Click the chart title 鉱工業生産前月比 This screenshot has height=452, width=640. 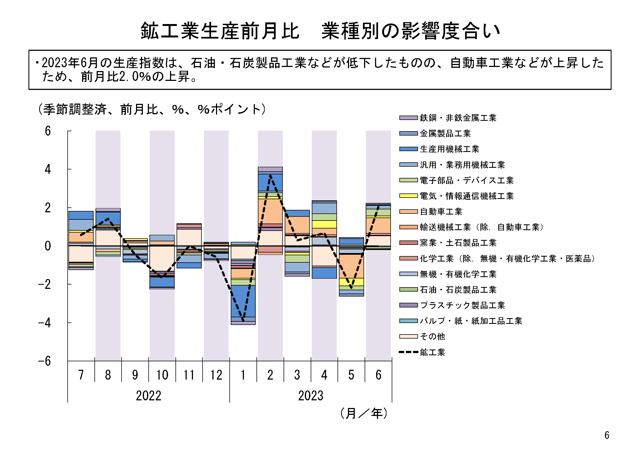pyautogui.click(x=220, y=31)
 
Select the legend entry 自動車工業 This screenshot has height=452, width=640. pyautogui.click(x=441, y=212)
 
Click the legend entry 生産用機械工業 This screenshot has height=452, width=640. pyautogui.click(x=449, y=149)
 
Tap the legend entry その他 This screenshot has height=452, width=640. pyautogui.click(x=432, y=337)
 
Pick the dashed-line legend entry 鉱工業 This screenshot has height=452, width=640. pyautogui.click(x=432, y=353)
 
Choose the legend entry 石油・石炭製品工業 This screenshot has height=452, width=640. pyautogui.click(x=458, y=290)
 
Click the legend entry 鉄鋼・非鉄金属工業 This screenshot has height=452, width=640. pyautogui.click(x=458, y=118)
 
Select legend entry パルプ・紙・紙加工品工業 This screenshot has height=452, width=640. pyautogui.click(x=471, y=321)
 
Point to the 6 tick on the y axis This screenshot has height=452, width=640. pyautogui.click(x=48, y=131)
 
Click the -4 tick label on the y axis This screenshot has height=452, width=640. pyautogui.click(x=45, y=323)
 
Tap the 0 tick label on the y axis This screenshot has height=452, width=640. pyautogui.click(x=48, y=246)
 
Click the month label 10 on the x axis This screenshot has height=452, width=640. pyautogui.click(x=162, y=375)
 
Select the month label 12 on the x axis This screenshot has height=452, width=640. pyautogui.click(x=216, y=375)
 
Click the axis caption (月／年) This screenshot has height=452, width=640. pyautogui.click(x=364, y=413)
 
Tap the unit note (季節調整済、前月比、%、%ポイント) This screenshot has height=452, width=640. pyautogui.click(x=152, y=109)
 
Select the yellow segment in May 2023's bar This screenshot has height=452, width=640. pyautogui.click(x=351, y=282)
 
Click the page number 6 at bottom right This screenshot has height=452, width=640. pyautogui.click(x=607, y=435)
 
